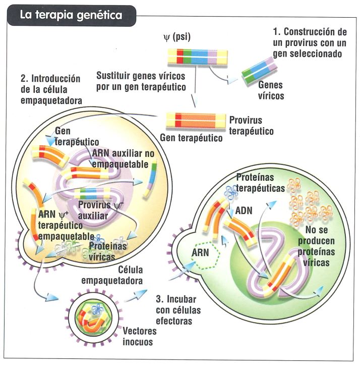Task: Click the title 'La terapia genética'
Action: coord(71,15)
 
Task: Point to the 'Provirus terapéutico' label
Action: coord(251,126)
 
